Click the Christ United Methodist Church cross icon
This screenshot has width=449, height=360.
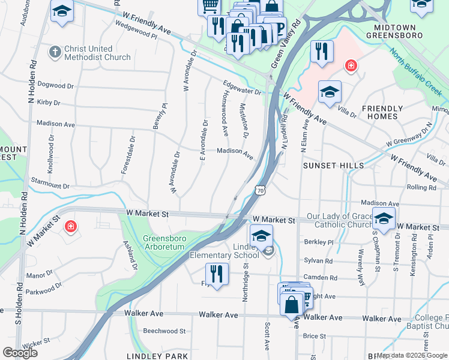click(55, 52)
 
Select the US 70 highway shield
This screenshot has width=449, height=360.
click(259, 190)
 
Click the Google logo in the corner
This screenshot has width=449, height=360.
click(20, 353)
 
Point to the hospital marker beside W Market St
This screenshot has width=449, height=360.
click(70, 227)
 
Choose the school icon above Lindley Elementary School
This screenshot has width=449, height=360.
click(261, 235)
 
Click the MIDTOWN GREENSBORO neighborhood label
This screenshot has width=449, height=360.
click(406, 31)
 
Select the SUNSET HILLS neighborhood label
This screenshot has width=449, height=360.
click(333, 165)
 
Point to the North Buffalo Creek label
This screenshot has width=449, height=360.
click(415, 71)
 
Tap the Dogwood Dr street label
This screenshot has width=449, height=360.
click(55, 86)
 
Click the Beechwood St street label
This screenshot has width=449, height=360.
click(164, 331)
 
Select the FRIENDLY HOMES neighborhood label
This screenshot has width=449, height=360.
click(382, 112)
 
